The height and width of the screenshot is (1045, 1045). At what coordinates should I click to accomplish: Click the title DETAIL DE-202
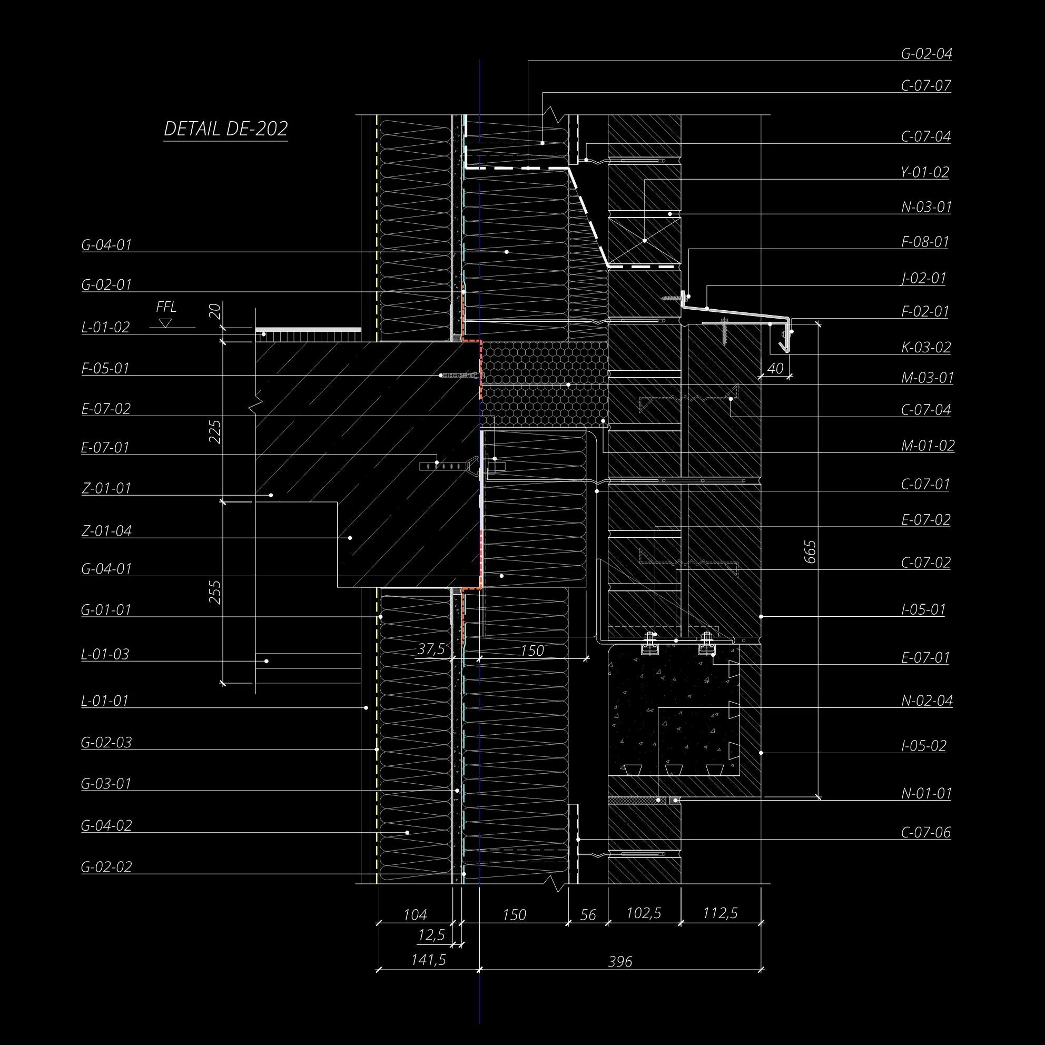coord(225,129)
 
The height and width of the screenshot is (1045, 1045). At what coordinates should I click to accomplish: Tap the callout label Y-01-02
coord(925,172)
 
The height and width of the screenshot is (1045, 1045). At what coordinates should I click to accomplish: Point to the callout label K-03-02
coord(925,347)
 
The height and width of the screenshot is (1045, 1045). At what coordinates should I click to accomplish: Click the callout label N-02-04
coord(926,701)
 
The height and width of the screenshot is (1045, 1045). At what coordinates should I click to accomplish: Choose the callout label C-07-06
coord(925,832)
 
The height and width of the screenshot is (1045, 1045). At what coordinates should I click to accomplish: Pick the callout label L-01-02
coord(106,327)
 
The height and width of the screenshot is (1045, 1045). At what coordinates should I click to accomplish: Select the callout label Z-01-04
coord(106,530)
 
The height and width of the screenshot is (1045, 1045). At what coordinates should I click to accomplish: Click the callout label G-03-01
coord(106,783)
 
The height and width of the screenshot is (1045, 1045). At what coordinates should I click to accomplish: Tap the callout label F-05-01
coord(106,368)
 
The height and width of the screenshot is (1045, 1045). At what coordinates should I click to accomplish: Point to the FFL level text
coord(166,307)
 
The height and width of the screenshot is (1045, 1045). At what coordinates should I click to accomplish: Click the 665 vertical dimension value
coord(810,551)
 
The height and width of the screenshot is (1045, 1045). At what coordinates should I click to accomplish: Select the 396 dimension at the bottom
coord(620,961)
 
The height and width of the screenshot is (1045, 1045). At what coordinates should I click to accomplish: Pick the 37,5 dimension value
coord(431,649)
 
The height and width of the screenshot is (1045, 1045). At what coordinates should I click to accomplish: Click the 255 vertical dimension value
coord(215,592)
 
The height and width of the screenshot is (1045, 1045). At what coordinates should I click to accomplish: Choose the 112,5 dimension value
coord(720,913)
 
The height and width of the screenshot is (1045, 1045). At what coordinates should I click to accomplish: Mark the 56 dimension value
coord(587,915)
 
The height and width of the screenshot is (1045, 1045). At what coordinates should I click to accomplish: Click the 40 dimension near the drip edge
coord(775,368)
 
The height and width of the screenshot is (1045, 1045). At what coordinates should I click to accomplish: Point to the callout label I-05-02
coord(923,746)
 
